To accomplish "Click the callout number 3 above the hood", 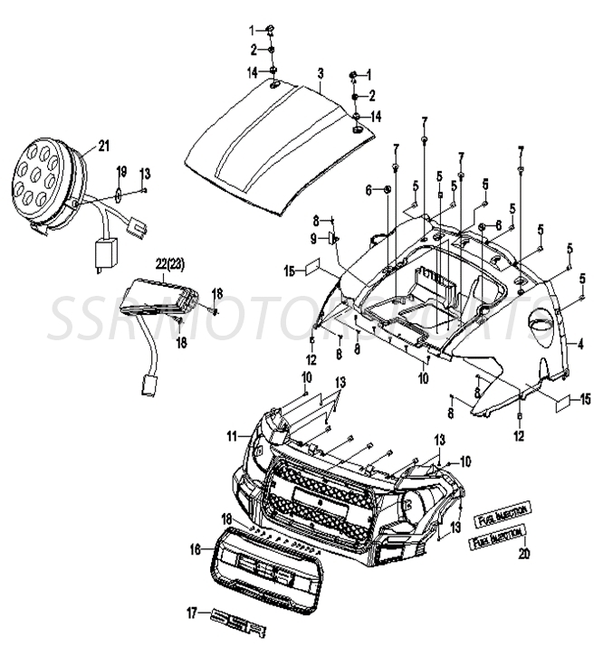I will click(320, 71).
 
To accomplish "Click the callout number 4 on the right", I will click(581, 343).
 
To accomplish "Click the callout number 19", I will click(120, 172).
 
